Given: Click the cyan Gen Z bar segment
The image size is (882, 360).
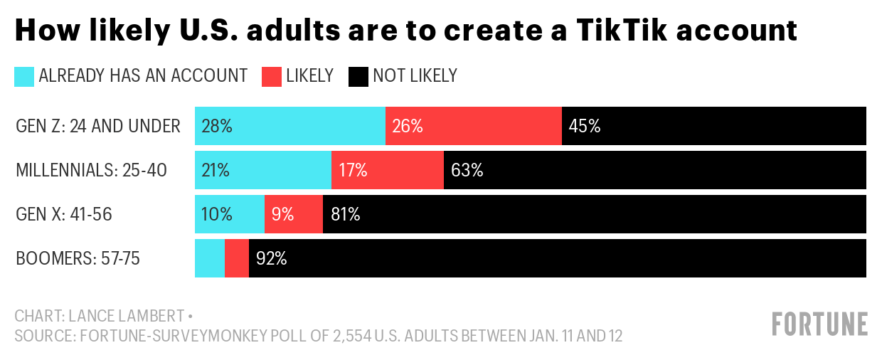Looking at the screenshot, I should pos(290,126).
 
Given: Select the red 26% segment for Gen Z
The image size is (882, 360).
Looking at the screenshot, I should pos(474,126).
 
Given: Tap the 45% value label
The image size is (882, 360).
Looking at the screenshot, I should pos(585,126).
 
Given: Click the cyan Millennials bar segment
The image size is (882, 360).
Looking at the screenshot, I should pos(263,170).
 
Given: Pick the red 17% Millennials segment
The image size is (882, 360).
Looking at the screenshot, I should pos(388,170).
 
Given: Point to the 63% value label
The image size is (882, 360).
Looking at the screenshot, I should pos(467,170).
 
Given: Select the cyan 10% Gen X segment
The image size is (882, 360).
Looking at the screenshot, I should pos(230,214).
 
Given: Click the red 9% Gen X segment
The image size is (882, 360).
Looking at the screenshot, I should pos(294,214).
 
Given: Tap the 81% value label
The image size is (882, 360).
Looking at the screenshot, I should pos(346,214).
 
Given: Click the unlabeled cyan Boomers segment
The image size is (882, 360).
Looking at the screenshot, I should pos(210,258).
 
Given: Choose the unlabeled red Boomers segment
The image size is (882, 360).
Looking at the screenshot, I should pos(237,258).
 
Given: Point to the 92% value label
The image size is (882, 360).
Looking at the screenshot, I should pos(271,258).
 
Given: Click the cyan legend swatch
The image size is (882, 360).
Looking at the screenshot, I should pos(24,76).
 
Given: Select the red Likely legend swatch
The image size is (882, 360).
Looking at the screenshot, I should pos(272,76).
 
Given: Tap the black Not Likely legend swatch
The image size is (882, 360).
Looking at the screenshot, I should pos(358,76).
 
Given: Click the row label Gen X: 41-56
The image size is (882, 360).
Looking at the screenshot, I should pos(64,214).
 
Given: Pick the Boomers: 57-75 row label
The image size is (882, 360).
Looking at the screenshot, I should pos(78,258).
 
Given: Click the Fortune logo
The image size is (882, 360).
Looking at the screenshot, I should pos(819,324).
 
